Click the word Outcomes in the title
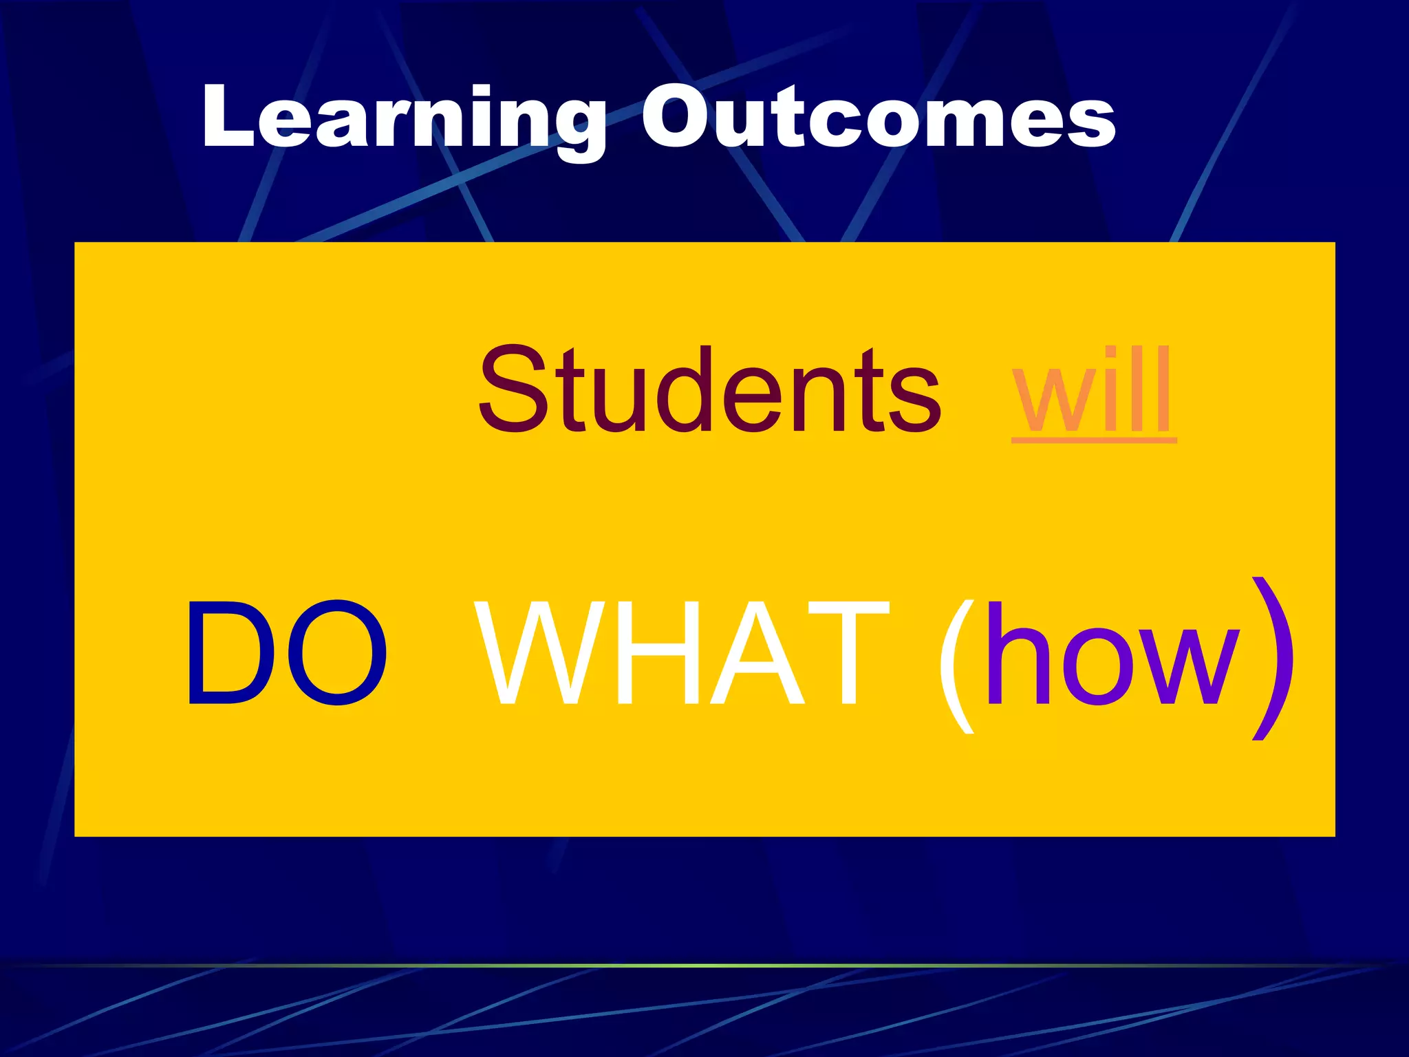pos(878,117)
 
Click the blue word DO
pos(285,653)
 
